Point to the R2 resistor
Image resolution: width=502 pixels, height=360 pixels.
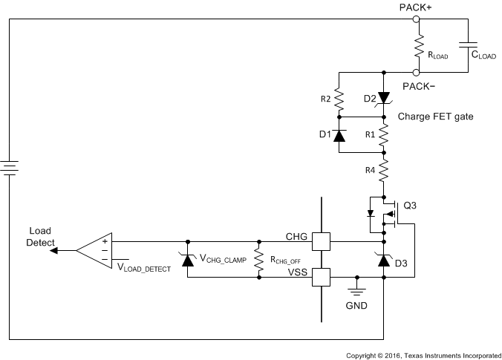click(x=339, y=98)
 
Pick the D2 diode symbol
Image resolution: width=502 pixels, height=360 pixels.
click(x=383, y=98)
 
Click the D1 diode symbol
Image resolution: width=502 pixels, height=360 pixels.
click(x=339, y=135)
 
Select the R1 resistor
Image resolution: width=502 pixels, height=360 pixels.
click(x=383, y=135)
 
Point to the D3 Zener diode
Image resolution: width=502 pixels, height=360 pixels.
click(x=383, y=260)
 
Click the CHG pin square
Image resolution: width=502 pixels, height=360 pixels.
click(x=320, y=242)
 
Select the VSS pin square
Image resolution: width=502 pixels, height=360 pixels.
click(x=320, y=277)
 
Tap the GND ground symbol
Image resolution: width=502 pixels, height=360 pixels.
click(x=356, y=284)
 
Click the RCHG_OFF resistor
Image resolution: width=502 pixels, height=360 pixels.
click(x=258, y=260)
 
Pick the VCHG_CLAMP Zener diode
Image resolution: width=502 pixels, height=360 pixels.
click(x=187, y=260)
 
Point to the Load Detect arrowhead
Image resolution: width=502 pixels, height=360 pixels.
click(x=54, y=251)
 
